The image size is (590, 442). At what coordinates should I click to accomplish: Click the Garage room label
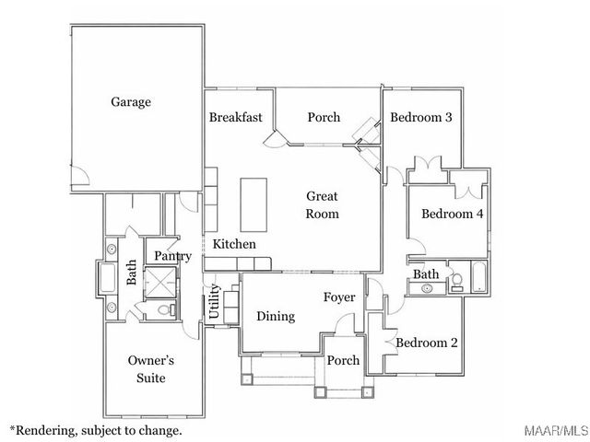131,102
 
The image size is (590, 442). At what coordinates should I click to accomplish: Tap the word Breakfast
236,117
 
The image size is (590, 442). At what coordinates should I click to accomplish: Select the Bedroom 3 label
420,117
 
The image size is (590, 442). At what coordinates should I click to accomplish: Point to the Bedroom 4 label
453,214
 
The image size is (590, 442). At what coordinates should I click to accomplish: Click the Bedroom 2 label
427,343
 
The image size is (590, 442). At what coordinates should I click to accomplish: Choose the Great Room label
323,204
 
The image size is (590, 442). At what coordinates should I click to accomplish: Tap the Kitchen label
234,244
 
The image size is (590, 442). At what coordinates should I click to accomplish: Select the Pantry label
172,256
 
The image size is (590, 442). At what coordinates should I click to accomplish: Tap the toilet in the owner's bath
166,311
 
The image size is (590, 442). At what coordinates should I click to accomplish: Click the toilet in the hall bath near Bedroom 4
454,282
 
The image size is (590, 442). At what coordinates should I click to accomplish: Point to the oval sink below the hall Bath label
427,289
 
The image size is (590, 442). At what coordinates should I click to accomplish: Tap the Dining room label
276,316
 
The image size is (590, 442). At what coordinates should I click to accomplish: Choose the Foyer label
339,297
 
